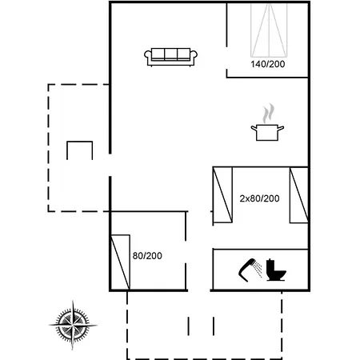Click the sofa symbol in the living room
coord(170,57)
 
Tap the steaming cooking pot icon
coord(267,122)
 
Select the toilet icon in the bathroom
coord(276,270)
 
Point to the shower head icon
coord(246,270)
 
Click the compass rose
coord(73,325)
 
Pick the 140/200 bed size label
coord(268,64)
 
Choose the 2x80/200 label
coord(259,198)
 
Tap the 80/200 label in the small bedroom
coord(147,256)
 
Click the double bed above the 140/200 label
coord(269,30)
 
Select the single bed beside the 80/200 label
coord(120,262)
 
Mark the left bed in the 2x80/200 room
coord(222,194)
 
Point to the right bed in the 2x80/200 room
coord(299,194)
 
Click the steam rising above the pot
coord(268,113)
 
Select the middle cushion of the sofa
coord(170,54)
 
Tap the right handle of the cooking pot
coord(281,128)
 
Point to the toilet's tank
coord(270,265)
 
